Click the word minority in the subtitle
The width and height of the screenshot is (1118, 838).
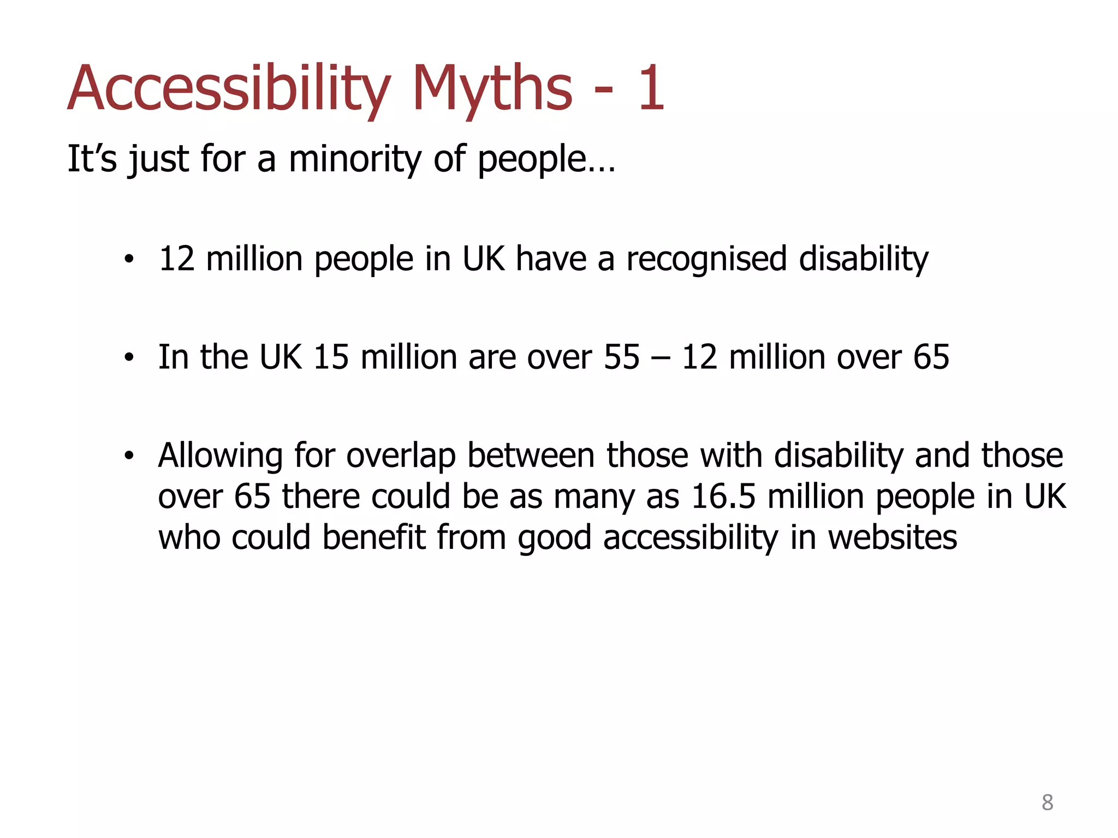click(x=355, y=159)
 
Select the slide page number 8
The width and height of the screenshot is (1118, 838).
click(x=1047, y=803)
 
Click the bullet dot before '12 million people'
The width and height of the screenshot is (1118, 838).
click(x=128, y=260)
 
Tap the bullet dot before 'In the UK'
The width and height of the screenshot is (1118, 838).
click(x=128, y=358)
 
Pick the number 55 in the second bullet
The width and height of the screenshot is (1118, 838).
click(x=621, y=357)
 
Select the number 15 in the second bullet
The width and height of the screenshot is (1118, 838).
click(x=331, y=357)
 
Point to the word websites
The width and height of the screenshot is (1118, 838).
click(x=892, y=538)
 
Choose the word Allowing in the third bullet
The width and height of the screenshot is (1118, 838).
click(x=220, y=456)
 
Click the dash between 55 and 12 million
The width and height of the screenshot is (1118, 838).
click(x=661, y=358)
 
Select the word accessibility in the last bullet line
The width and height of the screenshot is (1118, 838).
click(x=690, y=538)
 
